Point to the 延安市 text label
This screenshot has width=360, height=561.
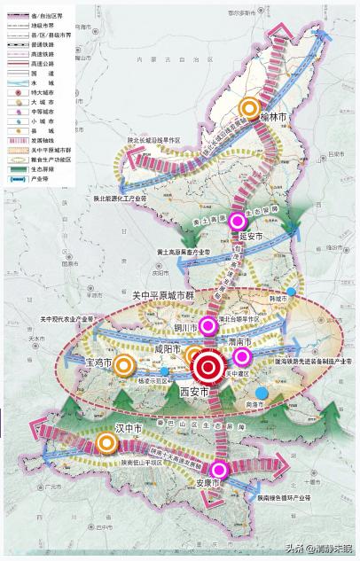[253, 237]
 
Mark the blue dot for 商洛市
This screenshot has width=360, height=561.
[260, 392]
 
